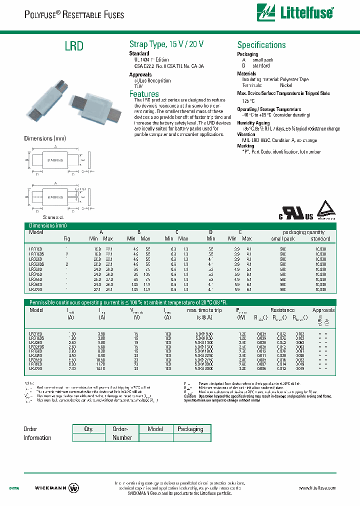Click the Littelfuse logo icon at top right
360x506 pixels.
coord(266,11)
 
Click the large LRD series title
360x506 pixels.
coord(74,46)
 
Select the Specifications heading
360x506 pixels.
coord(261,45)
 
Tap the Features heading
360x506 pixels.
coord(144,94)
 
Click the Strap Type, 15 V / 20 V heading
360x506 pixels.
coord(166,44)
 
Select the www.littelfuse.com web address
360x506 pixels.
coord(317,488)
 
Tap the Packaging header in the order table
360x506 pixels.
coord(190,429)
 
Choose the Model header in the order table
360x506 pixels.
coord(155,429)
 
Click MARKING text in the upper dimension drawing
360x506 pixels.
coord(55,161)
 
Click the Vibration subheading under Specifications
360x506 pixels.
coord(246,135)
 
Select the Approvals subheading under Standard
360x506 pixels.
coord(140,74)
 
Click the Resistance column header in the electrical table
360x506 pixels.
coord(282,310)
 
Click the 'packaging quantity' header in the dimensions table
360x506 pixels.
coord(303,232)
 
